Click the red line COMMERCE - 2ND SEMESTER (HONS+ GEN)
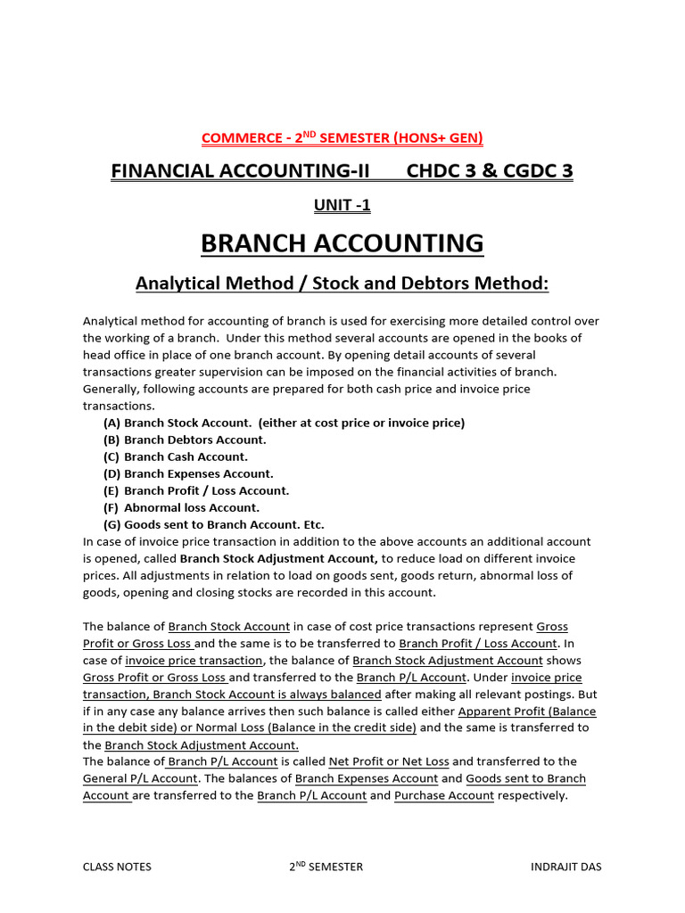coord(342,137)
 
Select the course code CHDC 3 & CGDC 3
coord(490,170)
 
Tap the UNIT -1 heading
coord(342,206)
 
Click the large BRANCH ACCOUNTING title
coord(342,243)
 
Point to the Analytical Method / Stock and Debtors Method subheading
coord(342,284)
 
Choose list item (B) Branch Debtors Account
coord(185,440)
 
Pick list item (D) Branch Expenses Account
coord(188,473)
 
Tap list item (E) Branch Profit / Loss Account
coord(196,490)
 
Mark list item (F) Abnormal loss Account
coord(181,507)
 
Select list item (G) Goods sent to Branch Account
coord(214,524)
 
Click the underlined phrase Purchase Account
coord(444,795)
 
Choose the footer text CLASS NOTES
coord(117,867)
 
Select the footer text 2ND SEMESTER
coord(326,867)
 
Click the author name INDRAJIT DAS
coord(565,867)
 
